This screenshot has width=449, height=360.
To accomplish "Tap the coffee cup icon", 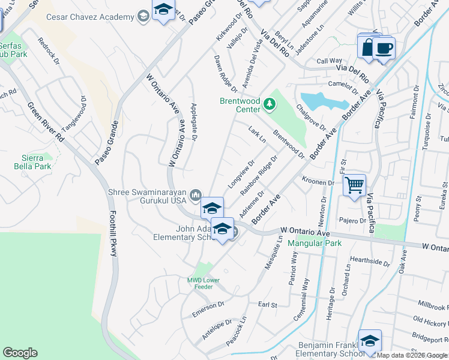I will tap(383, 47).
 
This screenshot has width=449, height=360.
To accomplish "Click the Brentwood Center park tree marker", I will tap(270, 105).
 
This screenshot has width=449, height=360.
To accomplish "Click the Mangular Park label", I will tap(314, 243).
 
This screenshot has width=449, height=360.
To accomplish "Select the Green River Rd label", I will tap(44, 129).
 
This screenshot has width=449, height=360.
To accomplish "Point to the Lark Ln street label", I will tap(257, 135).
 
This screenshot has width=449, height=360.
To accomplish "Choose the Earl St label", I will tap(267, 305).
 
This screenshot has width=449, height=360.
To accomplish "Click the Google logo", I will tap(20, 353).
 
